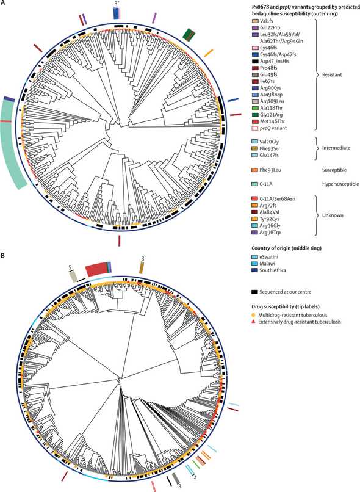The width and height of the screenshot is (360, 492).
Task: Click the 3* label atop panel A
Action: tap(117, 4)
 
